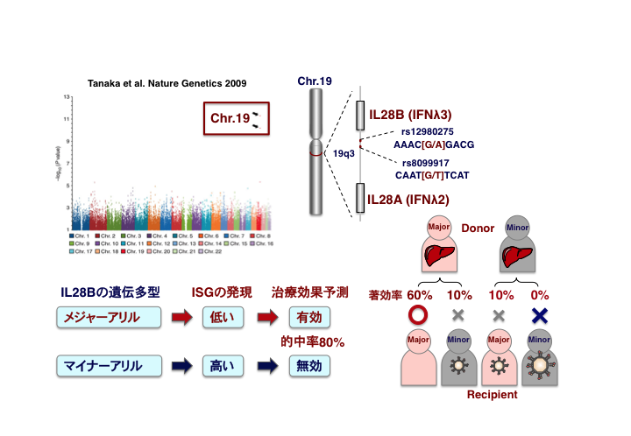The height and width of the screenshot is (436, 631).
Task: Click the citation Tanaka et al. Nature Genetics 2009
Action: pyautogui.click(x=167, y=83)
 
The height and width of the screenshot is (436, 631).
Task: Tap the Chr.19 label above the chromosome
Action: pyautogui.click(x=314, y=81)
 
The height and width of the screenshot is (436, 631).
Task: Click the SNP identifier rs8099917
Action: pyautogui.click(x=426, y=163)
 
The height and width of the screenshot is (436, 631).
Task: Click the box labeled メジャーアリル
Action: pyautogui.click(x=100, y=317)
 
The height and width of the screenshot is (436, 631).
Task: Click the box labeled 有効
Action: pyautogui.click(x=308, y=317)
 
